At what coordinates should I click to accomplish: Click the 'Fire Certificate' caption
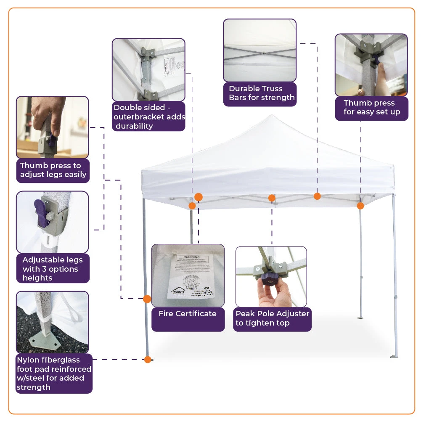188,314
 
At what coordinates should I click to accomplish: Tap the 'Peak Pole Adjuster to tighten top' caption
272,318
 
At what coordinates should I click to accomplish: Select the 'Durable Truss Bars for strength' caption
261,93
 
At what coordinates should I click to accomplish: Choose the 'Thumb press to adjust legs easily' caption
53,170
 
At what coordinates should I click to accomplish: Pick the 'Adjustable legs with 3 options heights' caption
53,269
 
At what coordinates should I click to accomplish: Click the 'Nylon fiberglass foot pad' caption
54,373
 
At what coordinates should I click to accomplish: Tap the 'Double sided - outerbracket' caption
149,117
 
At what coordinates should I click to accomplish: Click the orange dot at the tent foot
148,360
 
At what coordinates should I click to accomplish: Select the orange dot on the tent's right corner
360,206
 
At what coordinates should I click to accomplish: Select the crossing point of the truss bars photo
261,54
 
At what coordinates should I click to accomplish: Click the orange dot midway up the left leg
147,299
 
